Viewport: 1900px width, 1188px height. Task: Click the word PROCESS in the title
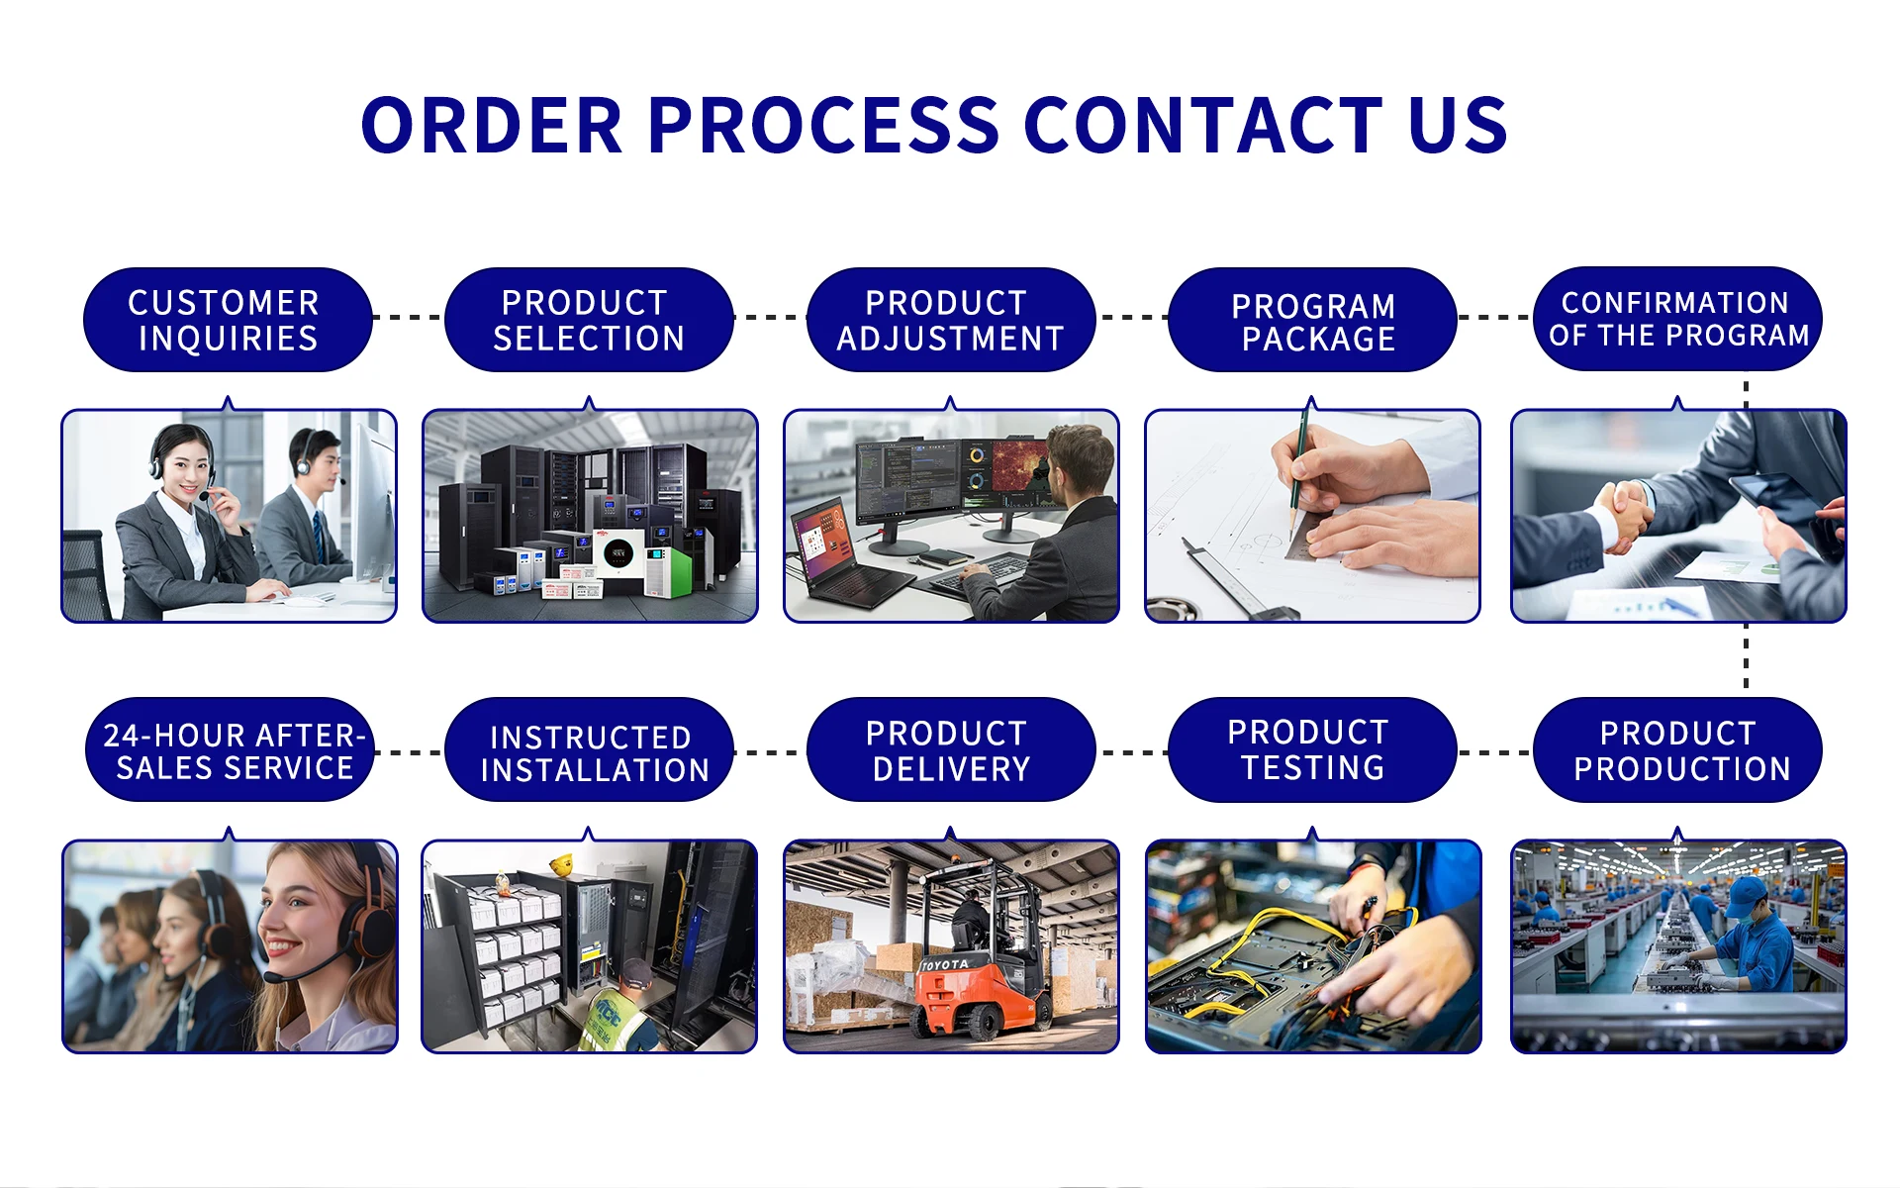[x=823, y=126]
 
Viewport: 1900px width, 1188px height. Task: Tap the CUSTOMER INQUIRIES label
[x=227, y=320]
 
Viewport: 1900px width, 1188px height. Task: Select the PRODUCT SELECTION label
[x=589, y=320]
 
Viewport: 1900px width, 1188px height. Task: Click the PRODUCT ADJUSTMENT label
[x=950, y=320]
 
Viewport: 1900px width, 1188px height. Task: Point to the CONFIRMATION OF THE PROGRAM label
[x=1677, y=319]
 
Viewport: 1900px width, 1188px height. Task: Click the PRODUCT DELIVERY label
[x=950, y=750]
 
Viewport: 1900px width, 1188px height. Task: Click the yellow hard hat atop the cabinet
[x=562, y=864]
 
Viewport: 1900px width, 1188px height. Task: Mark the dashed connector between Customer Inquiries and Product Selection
[x=408, y=318]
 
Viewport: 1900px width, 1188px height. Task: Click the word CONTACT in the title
[x=1202, y=126]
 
